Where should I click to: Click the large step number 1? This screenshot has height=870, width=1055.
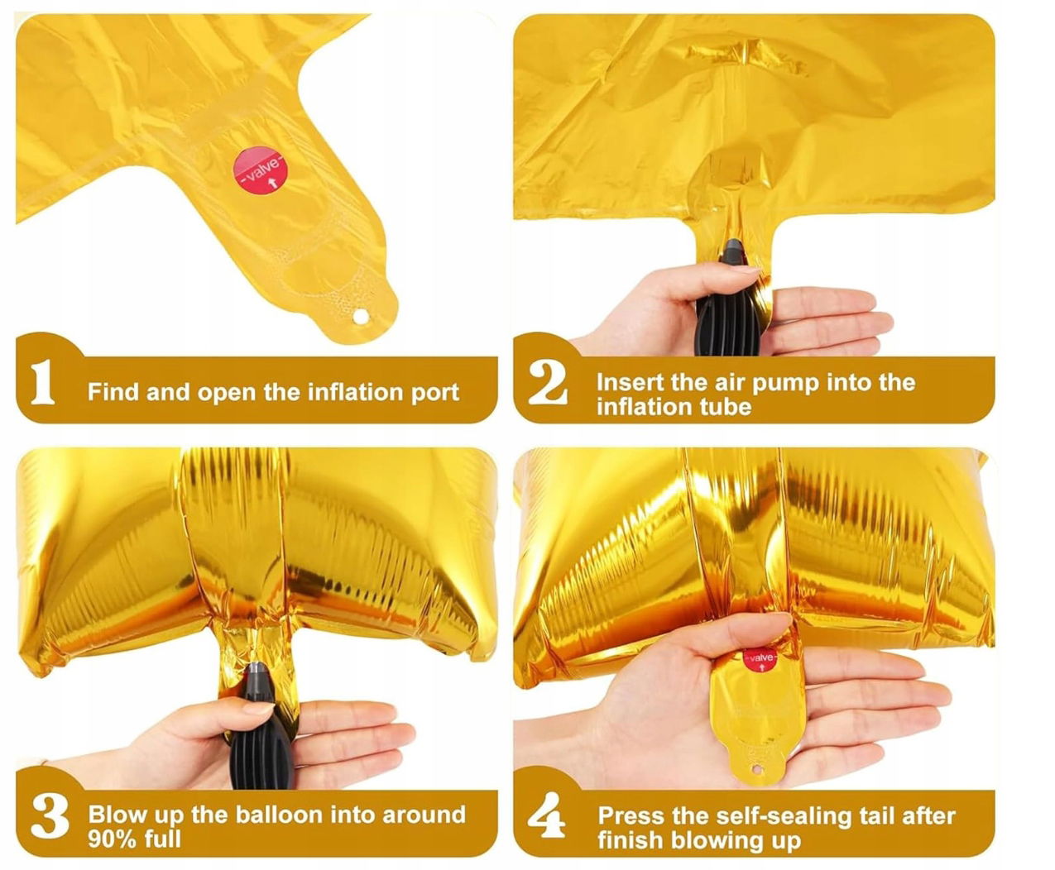[42, 382]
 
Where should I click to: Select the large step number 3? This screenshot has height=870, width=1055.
[50, 816]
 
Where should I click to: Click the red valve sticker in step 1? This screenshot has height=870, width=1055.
[260, 170]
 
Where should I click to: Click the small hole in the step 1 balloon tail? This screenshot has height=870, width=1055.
[361, 317]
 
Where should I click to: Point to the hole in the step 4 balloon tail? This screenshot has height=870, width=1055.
[756, 769]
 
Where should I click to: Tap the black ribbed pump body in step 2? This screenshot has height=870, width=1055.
[729, 317]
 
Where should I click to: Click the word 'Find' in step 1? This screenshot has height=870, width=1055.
[113, 391]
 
